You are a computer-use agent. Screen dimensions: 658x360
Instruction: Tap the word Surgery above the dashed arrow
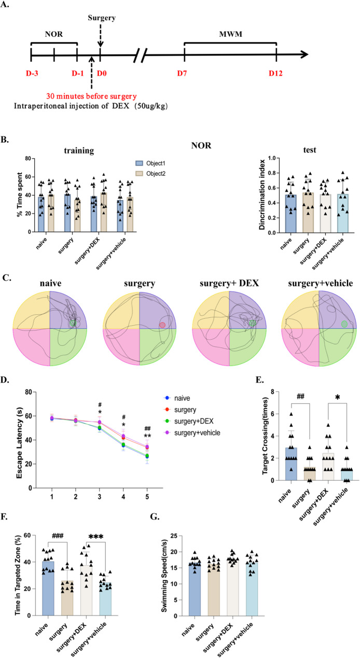click(100, 17)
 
